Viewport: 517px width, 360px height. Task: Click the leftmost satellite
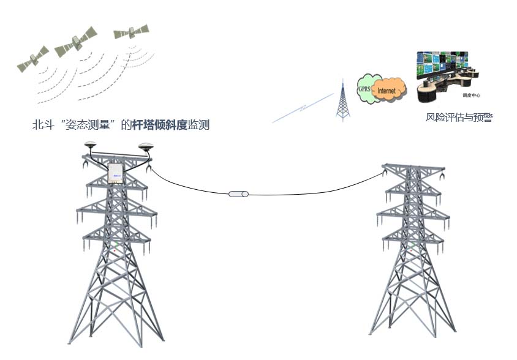[x=32, y=59]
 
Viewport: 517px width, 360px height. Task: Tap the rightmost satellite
[x=131, y=31]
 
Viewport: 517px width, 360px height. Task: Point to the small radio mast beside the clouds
[x=341, y=100]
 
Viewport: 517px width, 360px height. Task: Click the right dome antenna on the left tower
[x=146, y=147]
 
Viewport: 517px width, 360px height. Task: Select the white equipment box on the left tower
[x=116, y=173]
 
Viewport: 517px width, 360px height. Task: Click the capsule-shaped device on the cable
[x=238, y=194]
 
